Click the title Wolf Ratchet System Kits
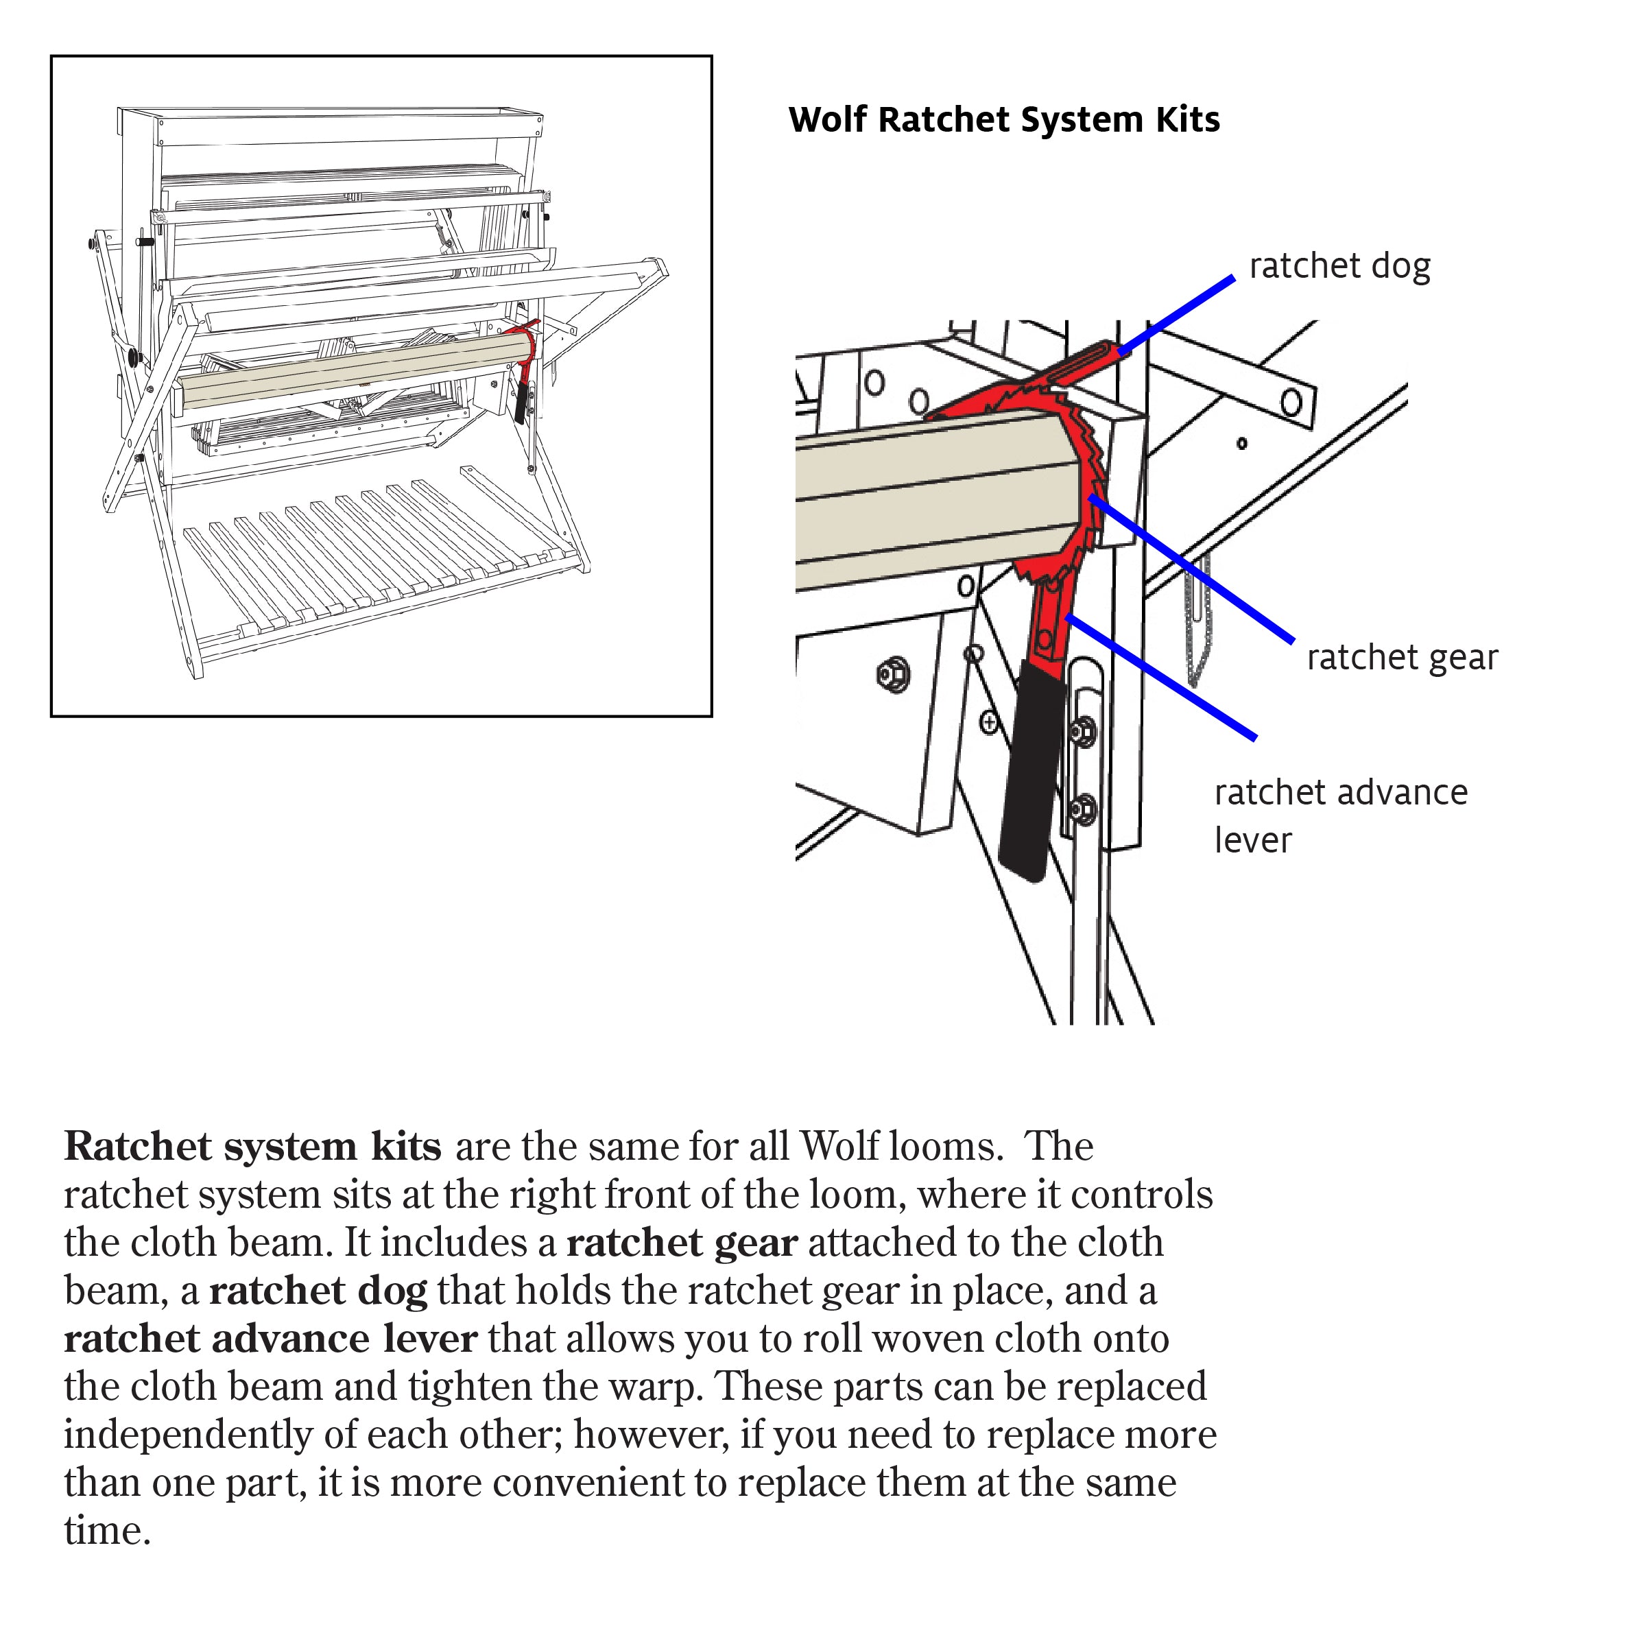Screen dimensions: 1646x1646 [x=1003, y=120]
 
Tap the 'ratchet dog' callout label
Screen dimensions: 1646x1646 [x=1339, y=267]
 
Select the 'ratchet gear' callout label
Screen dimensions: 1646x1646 [x=1401, y=658]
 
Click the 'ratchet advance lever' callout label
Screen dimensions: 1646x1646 [x=1340, y=815]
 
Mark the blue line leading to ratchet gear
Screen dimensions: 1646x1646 [x=1193, y=569]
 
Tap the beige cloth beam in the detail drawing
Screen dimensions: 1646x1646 [x=929, y=503]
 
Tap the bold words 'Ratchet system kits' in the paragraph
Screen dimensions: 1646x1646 [x=253, y=1147]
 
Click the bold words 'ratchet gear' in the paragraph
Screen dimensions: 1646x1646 [x=682, y=1243]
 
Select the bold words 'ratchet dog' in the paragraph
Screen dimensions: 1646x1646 [x=318, y=1291]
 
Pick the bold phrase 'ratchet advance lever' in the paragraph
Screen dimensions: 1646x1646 [x=270, y=1339]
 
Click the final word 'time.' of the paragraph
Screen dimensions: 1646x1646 [x=108, y=1531]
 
